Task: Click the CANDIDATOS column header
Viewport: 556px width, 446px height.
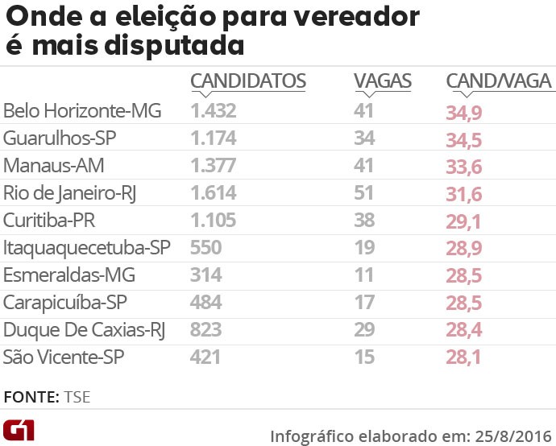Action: click(x=247, y=81)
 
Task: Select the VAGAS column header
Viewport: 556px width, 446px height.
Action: click(x=383, y=81)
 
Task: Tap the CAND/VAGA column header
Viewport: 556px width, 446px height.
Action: click(x=499, y=81)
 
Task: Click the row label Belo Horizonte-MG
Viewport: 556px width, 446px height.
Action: click(x=83, y=110)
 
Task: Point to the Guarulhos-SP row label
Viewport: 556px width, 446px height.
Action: click(x=60, y=138)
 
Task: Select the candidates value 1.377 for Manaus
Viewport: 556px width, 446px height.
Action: click(x=214, y=166)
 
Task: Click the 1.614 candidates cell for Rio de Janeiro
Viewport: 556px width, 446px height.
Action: click(x=214, y=193)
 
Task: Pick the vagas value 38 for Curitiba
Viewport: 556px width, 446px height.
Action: click(x=364, y=221)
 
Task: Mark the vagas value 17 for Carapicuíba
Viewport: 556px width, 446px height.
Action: click(x=364, y=303)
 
